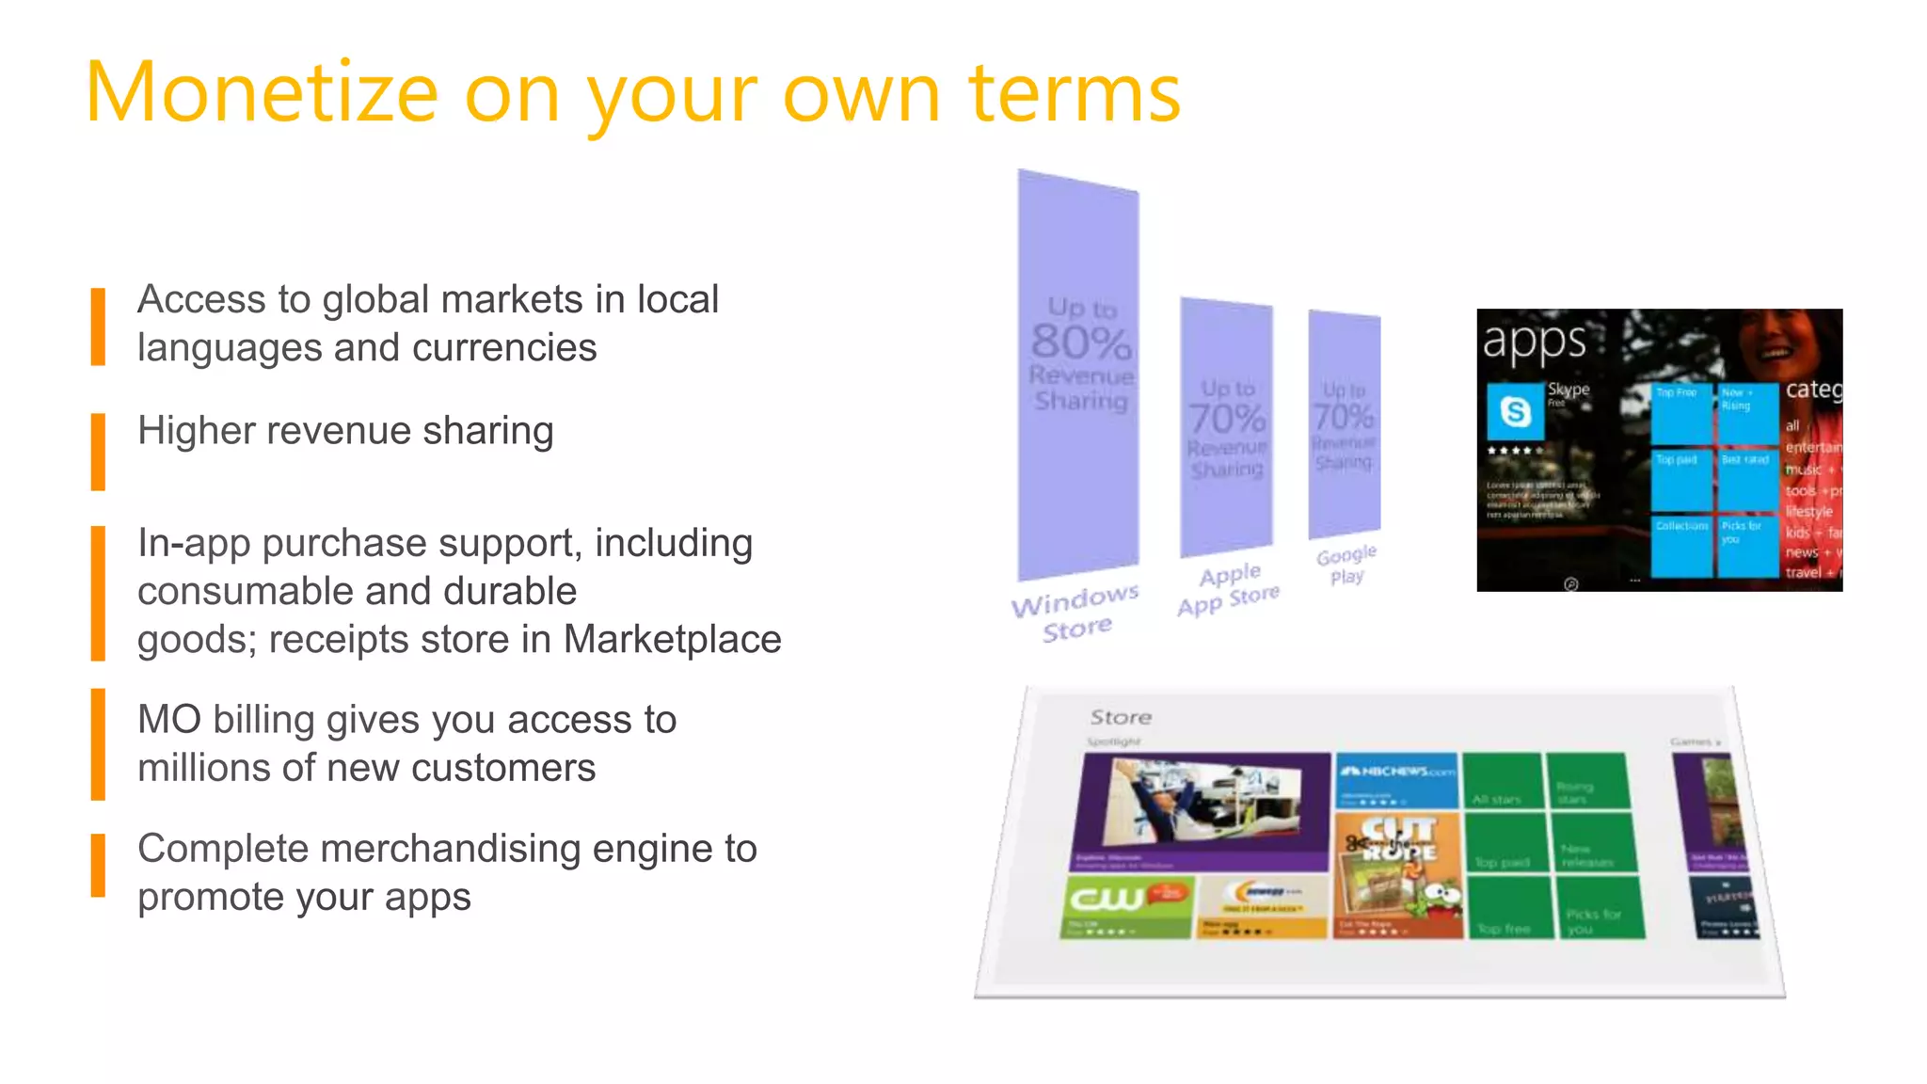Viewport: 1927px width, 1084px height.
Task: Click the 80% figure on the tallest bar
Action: pyautogui.click(x=1080, y=342)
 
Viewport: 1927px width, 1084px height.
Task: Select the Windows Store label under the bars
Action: pyautogui.click(x=1075, y=614)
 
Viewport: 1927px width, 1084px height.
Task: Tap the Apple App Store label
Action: pyautogui.click(x=1229, y=589)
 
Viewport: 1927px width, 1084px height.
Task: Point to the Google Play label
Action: pyautogui.click(x=1346, y=565)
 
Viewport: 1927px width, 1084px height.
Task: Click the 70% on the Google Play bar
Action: pyautogui.click(x=1344, y=416)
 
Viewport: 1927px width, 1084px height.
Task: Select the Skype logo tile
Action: pyautogui.click(x=1515, y=411)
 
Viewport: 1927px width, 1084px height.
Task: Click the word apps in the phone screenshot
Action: pyautogui.click(x=1534, y=342)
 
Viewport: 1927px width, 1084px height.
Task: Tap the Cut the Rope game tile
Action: pyautogui.click(x=1398, y=875)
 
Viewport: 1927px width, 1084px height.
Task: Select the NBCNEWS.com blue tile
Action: pyautogui.click(x=1396, y=780)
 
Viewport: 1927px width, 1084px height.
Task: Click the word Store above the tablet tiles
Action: pyautogui.click(x=1121, y=717)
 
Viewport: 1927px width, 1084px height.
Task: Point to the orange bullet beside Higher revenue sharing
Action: pyautogui.click(x=98, y=452)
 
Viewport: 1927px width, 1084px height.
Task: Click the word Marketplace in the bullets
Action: pyautogui.click(x=672, y=640)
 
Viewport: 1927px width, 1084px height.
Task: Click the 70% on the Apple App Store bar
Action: pyautogui.click(x=1227, y=418)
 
